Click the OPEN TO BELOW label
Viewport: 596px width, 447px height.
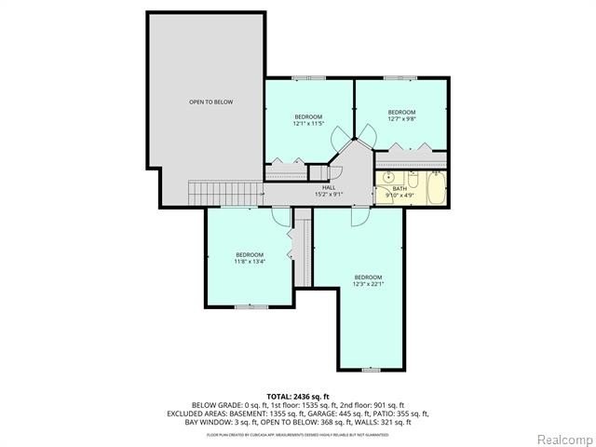pos(210,102)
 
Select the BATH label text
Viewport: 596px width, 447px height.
pos(399,187)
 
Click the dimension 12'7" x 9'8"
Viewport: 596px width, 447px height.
pos(401,118)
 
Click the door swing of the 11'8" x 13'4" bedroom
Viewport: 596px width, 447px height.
pos(281,216)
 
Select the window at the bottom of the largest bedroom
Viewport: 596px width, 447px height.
pos(371,370)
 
